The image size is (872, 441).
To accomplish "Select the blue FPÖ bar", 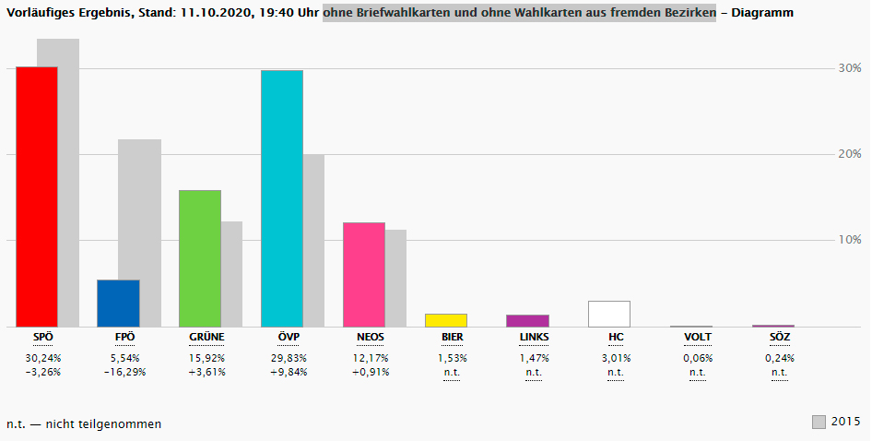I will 118,304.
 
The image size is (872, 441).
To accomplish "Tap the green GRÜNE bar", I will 200,258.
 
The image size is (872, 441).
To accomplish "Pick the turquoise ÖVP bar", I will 282,198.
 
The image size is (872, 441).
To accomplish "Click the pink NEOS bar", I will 363,274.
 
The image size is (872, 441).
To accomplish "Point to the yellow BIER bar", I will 445,320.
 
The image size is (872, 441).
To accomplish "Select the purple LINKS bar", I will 527,320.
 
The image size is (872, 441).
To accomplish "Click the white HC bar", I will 609,314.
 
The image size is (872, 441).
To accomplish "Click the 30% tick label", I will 849,68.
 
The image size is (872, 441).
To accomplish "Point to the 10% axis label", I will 849,240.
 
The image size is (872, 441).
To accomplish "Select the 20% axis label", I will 849,154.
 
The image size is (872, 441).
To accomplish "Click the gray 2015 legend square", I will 819,423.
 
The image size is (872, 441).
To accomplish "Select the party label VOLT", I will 697,338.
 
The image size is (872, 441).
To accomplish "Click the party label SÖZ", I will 779,338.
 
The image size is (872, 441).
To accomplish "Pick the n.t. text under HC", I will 616,373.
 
